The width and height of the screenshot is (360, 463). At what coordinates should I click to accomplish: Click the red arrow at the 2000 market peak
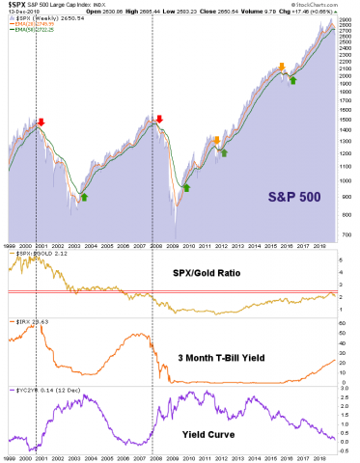pyautogui.click(x=40, y=123)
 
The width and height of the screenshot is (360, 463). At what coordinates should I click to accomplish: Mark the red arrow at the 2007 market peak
pyautogui.click(x=158, y=120)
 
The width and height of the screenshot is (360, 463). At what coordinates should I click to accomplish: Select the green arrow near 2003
pyautogui.click(x=83, y=197)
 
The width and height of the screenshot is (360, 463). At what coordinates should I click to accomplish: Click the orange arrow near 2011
pyautogui.click(x=216, y=140)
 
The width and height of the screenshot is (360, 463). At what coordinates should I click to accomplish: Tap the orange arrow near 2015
pyautogui.click(x=281, y=67)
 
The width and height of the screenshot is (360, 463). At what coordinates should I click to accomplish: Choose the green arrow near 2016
pyautogui.click(x=292, y=79)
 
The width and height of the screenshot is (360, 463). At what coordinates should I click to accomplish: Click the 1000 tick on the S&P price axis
pyautogui.click(x=342, y=179)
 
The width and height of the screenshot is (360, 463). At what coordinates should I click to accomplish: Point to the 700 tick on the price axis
pyautogui.click(x=342, y=233)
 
